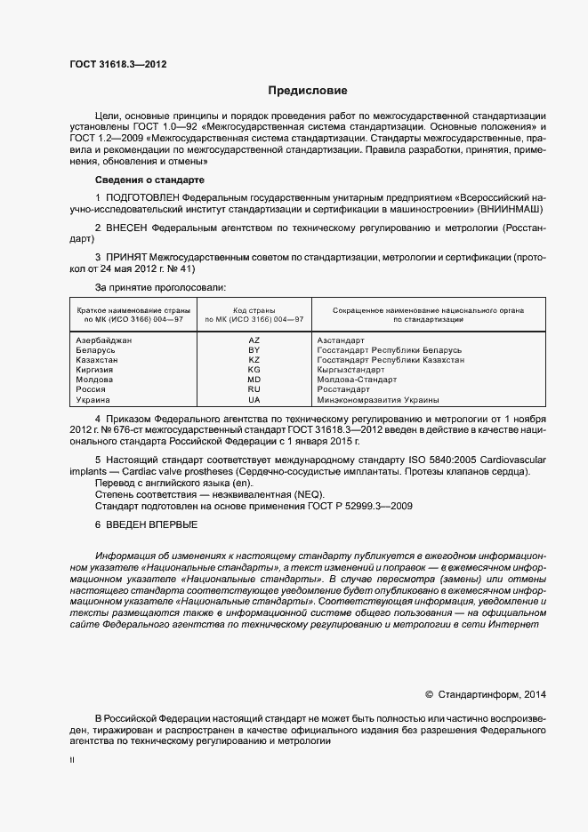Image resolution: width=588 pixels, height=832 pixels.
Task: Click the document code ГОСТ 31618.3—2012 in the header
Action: (117, 64)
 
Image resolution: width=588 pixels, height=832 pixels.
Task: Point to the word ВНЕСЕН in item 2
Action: (129, 228)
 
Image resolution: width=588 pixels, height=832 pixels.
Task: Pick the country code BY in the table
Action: (254, 350)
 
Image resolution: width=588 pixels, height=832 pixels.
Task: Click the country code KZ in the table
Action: (254, 360)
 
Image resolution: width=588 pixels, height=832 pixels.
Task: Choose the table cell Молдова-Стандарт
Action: (357, 380)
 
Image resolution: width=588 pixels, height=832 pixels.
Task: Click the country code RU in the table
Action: (254, 389)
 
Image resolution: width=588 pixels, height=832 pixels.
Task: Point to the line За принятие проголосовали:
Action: (160, 288)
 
